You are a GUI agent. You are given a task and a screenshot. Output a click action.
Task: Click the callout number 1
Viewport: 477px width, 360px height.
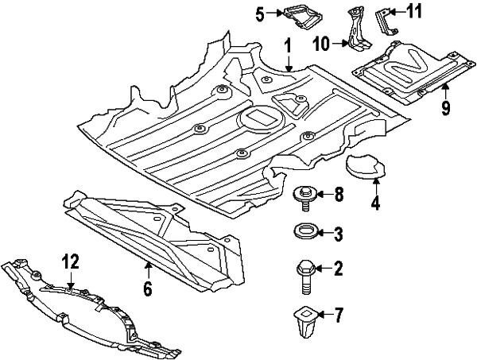point(288,48)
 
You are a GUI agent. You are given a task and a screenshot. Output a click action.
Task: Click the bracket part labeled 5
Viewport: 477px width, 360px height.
point(301,16)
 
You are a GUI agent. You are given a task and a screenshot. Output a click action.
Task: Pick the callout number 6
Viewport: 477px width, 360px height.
point(147,289)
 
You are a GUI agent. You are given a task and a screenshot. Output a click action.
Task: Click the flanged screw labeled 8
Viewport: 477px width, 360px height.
point(305,195)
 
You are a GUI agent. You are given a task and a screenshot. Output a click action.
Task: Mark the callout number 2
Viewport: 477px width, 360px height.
point(338,270)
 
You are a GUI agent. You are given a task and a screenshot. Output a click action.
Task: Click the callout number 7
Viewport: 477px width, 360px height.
point(338,315)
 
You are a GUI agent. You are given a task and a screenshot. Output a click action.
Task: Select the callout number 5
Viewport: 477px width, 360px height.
point(260,13)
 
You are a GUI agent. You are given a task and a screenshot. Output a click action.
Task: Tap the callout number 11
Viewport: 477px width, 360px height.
point(415,11)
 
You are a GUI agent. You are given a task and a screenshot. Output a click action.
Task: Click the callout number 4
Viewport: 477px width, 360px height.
point(374,203)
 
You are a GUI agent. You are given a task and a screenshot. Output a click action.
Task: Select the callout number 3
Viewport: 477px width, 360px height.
point(338,234)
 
